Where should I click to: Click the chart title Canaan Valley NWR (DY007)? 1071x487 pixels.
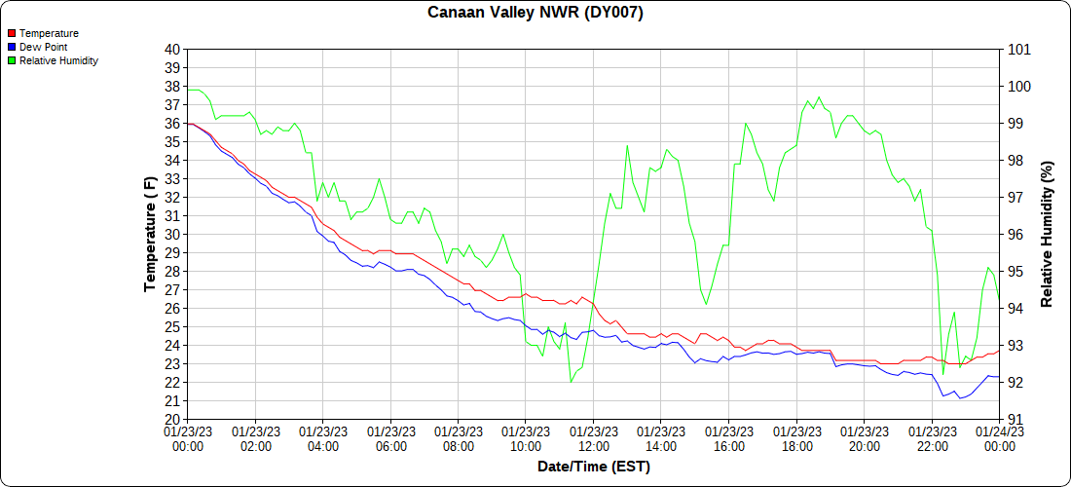click(535, 13)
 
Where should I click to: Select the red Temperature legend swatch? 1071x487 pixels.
click(12, 33)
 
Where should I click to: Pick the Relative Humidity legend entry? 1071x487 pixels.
click(58, 60)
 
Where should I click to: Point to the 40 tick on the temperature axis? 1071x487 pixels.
click(172, 50)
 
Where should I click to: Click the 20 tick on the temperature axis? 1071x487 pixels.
click(172, 419)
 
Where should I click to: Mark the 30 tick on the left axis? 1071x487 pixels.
click(172, 235)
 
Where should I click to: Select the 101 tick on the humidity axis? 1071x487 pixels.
click(1018, 50)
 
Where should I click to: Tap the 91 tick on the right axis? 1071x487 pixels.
click(1015, 419)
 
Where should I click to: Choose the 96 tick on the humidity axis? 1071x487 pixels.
click(1015, 235)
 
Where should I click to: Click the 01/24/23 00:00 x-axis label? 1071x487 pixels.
click(999, 438)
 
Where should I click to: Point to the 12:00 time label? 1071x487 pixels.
click(593, 438)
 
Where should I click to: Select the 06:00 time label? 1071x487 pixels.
click(390, 438)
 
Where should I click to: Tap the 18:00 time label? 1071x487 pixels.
click(796, 438)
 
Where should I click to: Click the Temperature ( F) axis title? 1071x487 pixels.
click(150, 234)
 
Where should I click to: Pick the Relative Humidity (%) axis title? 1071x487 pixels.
click(1048, 234)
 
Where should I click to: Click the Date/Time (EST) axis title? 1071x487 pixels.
click(593, 467)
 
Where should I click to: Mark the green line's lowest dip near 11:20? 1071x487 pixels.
click(571, 383)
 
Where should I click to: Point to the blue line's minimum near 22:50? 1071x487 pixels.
click(960, 398)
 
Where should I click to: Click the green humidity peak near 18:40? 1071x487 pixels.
click(819, 97)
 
